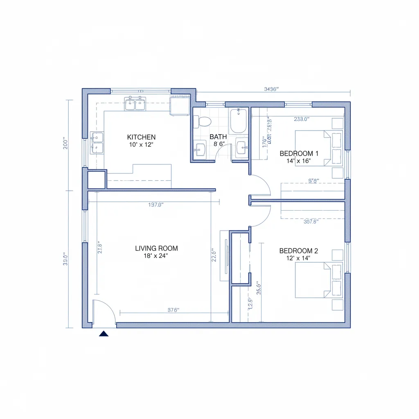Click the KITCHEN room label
point(141,137)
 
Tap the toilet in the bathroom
point(203,121)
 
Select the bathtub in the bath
point(238,121)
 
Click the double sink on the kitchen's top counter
point(135,104)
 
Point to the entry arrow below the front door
point(104,333)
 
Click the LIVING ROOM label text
point(156,248)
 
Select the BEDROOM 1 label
point(299,153)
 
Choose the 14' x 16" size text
point(299,161)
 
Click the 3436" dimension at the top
point(271,89)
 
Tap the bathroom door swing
point(223,152)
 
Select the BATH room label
point(218,137)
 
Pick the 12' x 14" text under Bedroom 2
point(299,258)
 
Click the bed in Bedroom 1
point(318,149)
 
